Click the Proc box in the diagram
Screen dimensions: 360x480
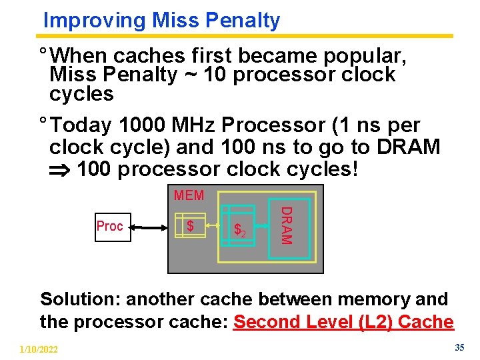[110, 227]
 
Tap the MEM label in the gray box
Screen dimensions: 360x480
[189, 196]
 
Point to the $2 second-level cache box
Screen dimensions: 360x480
[241, 231]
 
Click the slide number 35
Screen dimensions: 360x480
[459, 347]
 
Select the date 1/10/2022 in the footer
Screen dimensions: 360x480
[39, 349]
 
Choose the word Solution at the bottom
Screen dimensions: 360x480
[80, 299]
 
